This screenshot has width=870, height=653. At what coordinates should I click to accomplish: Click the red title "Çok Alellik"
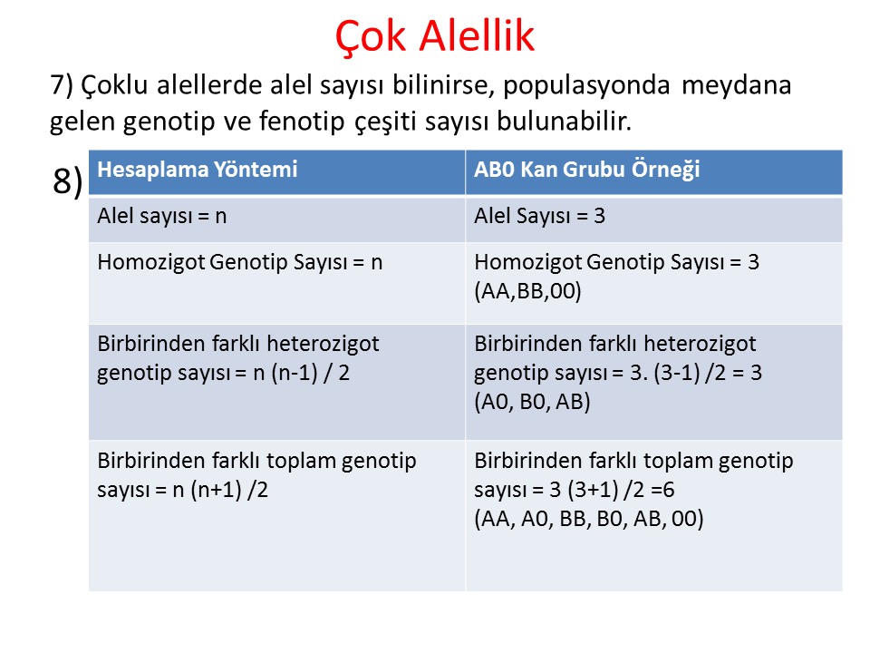pos(434,36)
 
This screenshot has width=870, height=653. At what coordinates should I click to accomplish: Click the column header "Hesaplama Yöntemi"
pos(198,170)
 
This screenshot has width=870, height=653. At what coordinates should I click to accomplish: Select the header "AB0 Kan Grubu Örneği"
pos(587,170)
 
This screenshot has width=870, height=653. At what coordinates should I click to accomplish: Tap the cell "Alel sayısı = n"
pos(162,216)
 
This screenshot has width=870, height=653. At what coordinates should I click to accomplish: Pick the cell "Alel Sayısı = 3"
pos(540,216)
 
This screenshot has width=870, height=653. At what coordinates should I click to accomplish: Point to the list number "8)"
pos(68,181)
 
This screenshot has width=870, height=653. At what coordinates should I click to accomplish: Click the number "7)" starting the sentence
pos(62,85)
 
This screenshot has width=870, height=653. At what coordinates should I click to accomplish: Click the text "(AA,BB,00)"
pos(527,291)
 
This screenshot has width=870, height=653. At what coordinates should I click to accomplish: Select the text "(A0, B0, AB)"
pos(532,402)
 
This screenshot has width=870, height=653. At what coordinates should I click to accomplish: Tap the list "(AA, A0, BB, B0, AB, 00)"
pos(589,519)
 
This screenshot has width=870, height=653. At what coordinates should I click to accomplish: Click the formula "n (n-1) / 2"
pos(301,373)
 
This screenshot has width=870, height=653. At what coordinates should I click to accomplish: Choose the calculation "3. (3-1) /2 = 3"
pos(696,373)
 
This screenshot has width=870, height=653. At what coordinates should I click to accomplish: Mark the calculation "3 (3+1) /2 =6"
pos(612,490)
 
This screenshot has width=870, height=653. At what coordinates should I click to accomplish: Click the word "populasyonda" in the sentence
pos(586,86)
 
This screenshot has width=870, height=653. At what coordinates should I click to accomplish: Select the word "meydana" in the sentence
pos(736,85)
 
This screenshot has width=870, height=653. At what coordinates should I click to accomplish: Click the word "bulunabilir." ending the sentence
pos(565,121)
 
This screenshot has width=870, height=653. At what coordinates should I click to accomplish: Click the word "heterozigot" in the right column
pos(700,344)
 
